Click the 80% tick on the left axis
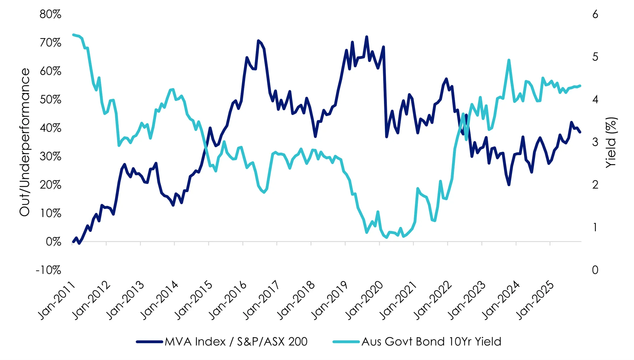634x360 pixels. click(50, 14)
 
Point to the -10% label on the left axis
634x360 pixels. click(48, 270)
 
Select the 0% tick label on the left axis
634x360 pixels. click(53, 242)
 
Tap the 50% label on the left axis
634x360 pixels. click(50, 100)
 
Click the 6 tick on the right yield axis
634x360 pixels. click(595, 14)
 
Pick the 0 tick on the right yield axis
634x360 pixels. click(595, 270)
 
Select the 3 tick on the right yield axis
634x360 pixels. click(595, 142)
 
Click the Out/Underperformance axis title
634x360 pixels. click(25, 142)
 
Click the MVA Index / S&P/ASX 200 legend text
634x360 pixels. click(236, 342)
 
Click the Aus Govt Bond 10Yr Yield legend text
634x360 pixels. click(431, 342)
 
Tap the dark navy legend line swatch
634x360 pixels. click(149, 342)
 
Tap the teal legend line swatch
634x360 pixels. click(346, 342)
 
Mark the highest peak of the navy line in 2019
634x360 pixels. click(367, 37)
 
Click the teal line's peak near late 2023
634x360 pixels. click(509, 60)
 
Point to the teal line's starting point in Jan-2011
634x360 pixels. click(73, 35)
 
